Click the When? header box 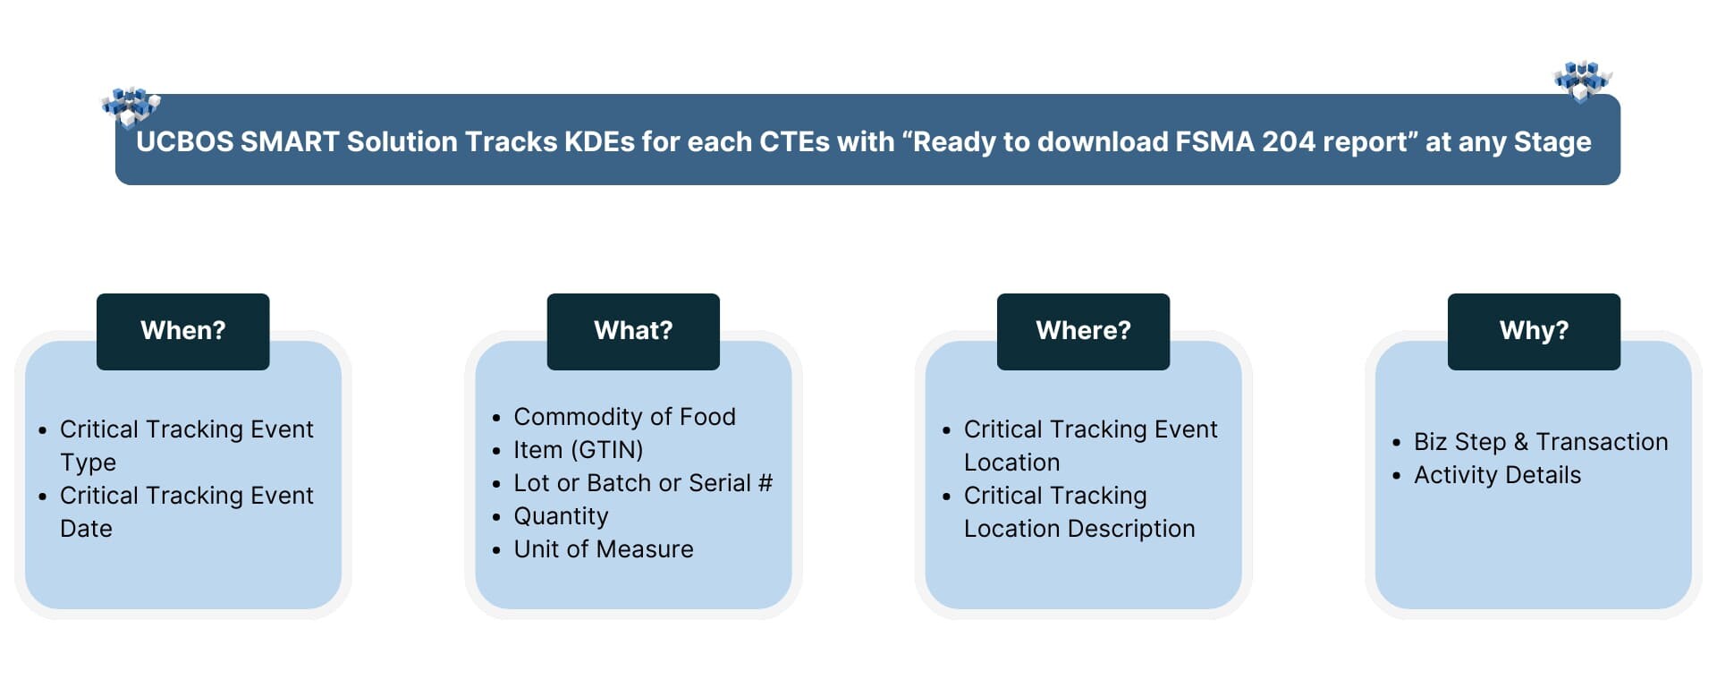(x=182, y=331)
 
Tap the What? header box (x=633, y=331)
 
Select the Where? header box (x=1083, y=331)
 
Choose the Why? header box (x=1534, y=331)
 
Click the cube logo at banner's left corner (x=131, y=106)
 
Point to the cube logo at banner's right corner (x=1582, y=81)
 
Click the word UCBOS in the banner (x=184, y=142)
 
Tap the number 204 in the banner (x=1288, y=142)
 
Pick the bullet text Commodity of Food (x=624, y=417)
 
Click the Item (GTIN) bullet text (x=578, y=450)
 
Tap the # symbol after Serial (x=765, y=483)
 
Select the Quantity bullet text (x=561, y=516)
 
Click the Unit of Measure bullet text (x=604, y=549)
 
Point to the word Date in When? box (x=86, y=529)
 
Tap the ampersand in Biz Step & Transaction (x=1521, y=442)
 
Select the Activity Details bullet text (x=1497, y=475)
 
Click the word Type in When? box (x=88, y=463)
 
